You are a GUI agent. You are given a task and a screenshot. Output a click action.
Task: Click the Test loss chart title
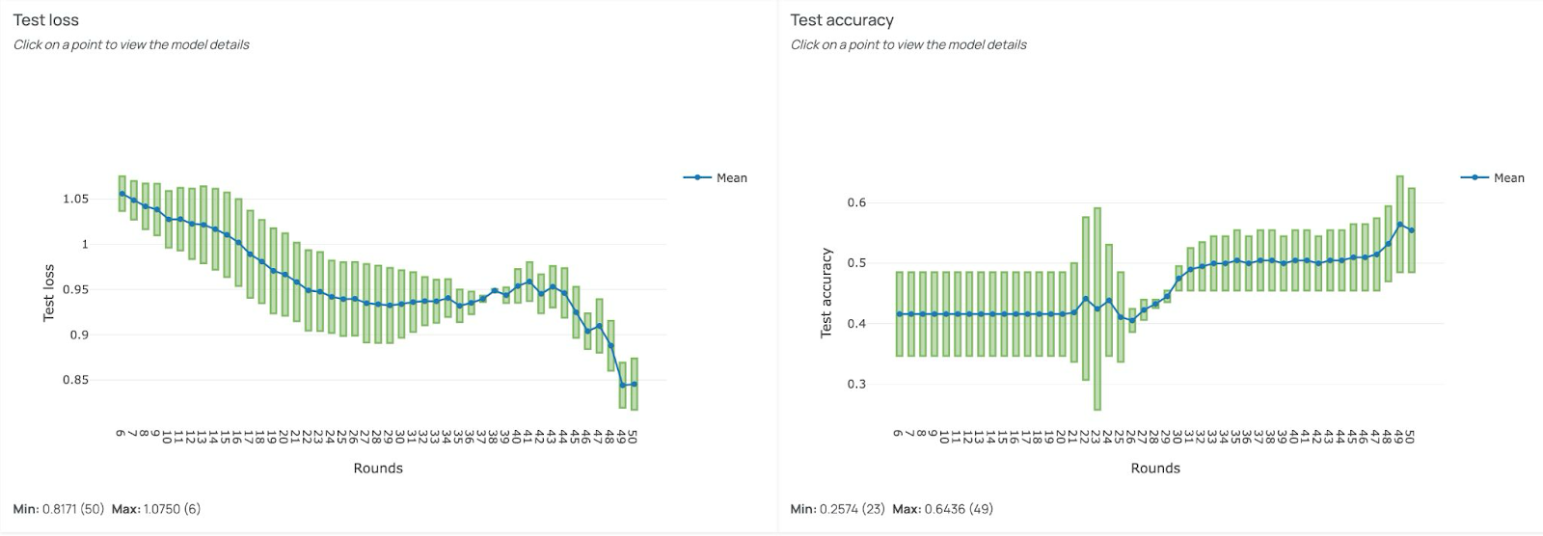click(46, 20)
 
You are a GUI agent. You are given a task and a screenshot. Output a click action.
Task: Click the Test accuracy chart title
click(842, 20)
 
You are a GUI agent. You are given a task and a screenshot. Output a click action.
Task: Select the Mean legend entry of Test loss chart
click(731, 177)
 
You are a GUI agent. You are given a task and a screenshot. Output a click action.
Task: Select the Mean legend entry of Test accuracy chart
click(1508, 177)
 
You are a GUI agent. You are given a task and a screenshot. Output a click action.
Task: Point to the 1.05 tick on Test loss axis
click(75, 200)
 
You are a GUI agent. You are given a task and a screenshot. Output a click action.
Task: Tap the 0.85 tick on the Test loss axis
click(75, 380)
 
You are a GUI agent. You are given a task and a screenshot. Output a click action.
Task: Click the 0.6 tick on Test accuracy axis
click(856, 202)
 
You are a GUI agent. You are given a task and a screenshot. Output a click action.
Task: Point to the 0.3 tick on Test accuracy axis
click(856, 384)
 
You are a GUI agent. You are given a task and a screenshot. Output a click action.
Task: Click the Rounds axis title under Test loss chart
click(378, 469)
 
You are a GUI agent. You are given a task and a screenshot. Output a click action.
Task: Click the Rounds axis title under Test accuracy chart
click(1155, 469)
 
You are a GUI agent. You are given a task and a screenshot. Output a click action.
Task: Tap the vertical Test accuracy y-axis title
click(826, 293)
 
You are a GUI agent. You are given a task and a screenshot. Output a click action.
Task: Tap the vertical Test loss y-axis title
click(48, 293)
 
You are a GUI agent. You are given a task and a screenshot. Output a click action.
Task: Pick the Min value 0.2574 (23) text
click(851, 509)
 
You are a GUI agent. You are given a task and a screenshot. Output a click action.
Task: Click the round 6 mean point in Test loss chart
click(122, 194)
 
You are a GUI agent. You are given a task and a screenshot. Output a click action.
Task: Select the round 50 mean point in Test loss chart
click(634, 384)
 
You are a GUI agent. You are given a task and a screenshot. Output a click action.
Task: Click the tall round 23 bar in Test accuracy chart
click(1097, 308)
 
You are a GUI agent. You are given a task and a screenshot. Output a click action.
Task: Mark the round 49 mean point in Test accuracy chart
click(1400, 225)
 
